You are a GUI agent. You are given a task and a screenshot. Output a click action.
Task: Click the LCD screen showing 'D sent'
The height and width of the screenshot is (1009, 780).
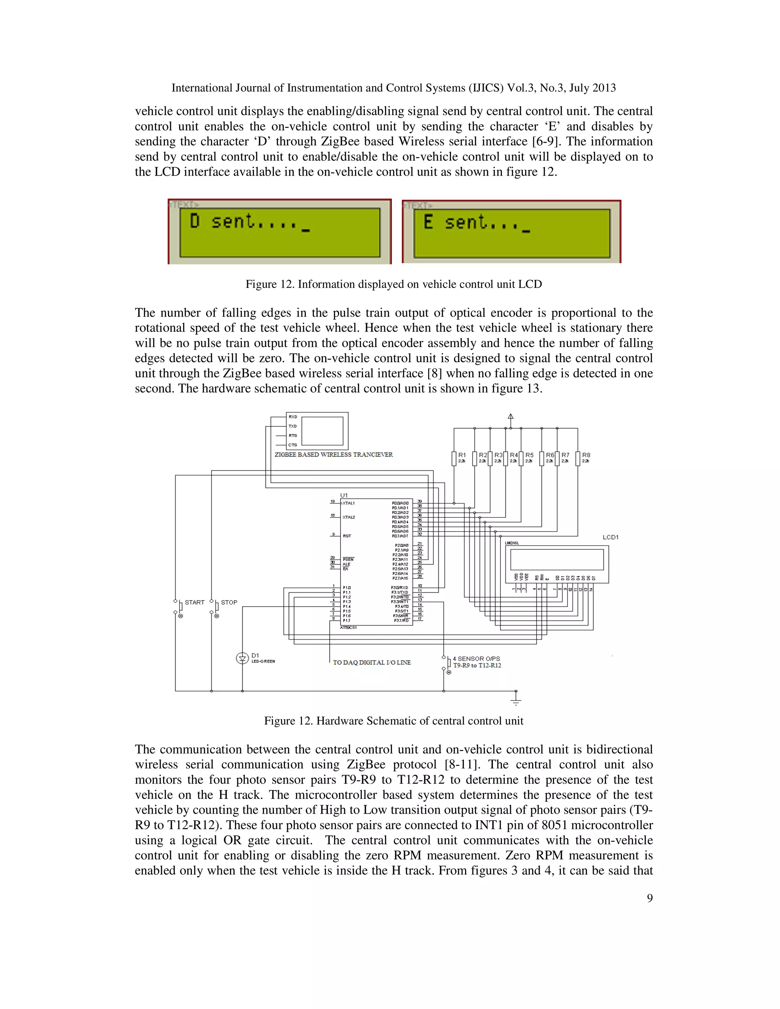coord(280,232)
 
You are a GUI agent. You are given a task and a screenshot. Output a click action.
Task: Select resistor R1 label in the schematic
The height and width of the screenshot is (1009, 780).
coord(462,455)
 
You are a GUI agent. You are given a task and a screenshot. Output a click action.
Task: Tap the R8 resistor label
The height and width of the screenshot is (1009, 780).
coord(586,455)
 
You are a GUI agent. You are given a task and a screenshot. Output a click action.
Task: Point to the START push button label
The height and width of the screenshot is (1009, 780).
coord(195,602)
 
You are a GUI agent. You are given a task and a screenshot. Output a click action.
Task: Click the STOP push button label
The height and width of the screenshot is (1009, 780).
coord(229,602)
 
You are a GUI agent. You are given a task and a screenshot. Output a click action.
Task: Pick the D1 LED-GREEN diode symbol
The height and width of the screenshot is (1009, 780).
coord(242,658)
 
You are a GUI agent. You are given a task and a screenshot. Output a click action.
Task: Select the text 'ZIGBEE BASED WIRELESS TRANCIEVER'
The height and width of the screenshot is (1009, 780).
coord(334,455)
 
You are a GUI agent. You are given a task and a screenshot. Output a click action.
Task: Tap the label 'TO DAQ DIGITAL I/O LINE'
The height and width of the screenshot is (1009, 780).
coord(371,663)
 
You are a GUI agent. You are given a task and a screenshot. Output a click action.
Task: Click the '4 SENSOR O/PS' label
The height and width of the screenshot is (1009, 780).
coord(476,659)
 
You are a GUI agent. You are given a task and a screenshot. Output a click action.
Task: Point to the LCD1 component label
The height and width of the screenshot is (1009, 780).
coord(610,537)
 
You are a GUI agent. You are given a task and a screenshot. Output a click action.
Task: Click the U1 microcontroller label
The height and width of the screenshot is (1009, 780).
coord(344,495)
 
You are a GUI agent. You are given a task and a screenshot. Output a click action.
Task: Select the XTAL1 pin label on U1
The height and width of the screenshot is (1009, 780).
coord(349,503)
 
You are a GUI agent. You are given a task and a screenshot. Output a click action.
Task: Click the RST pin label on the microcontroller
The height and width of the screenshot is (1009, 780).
coord(347,536)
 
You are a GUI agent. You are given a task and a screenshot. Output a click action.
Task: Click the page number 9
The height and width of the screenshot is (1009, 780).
coord(649,898)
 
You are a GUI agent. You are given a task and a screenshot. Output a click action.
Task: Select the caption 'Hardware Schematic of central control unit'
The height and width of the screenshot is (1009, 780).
coord(420,721)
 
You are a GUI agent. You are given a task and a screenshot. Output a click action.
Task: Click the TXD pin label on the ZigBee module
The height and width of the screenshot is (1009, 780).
coord(292,426)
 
